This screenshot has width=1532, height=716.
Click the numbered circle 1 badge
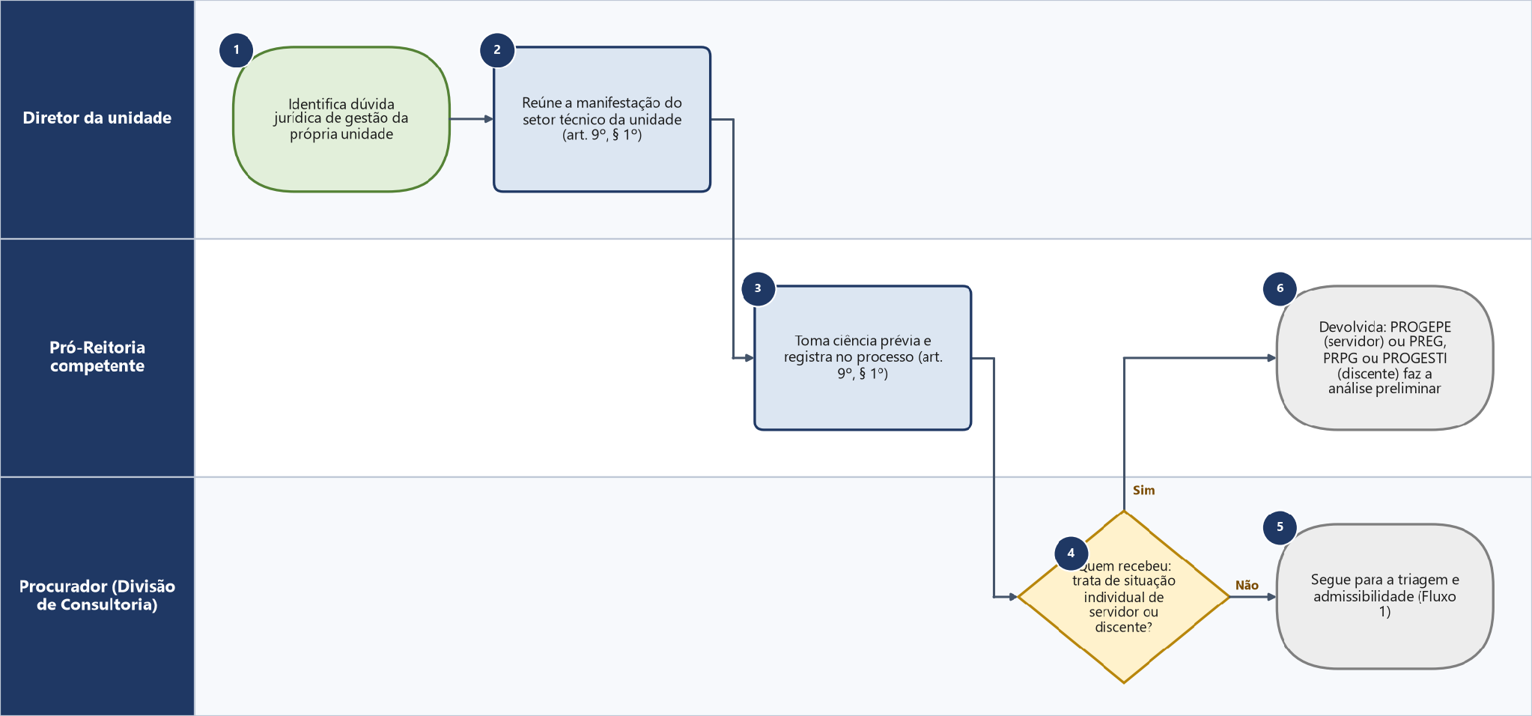236,50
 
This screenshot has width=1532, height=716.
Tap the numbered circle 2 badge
497,50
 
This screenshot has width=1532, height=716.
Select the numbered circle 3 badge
758,288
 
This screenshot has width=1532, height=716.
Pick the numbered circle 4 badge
1071,553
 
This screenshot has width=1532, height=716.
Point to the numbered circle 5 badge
1280,527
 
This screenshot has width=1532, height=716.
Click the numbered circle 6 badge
1280,288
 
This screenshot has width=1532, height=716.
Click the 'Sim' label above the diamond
1143,491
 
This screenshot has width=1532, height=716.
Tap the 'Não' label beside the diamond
1247,585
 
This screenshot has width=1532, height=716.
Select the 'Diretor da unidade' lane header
97,119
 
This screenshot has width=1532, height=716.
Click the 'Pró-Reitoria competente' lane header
97,357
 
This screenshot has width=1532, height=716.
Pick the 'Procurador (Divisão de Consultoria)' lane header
97,596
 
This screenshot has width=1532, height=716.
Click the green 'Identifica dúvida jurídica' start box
341,119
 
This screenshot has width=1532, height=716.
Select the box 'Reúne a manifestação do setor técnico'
602,119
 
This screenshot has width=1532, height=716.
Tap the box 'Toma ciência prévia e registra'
863,357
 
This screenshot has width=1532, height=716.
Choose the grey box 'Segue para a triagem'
1384,596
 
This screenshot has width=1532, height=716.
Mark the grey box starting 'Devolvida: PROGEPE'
1384,357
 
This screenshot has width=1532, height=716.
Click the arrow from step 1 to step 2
472,119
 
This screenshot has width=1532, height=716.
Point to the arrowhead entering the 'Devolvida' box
1271,358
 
